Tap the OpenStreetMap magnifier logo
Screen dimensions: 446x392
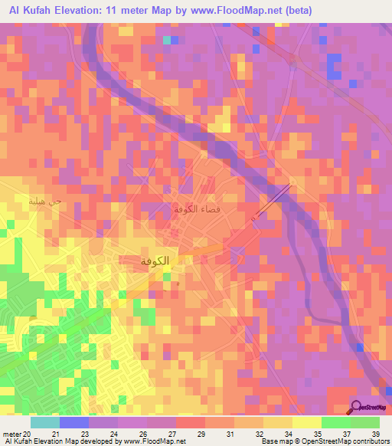click(x=357, y=408)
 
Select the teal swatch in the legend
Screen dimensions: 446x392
click(x=45, y=422)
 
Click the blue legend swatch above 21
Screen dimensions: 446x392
click(x=74, y=422)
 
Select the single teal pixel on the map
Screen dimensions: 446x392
click(x=167, y=39)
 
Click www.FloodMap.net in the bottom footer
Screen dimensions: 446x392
click(x=158, y=441)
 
